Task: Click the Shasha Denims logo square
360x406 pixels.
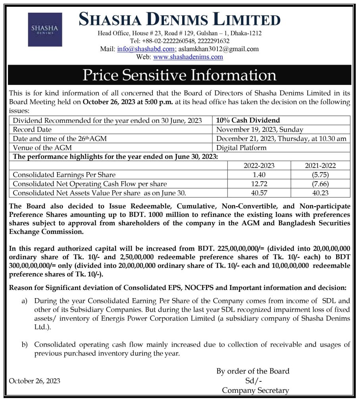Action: [x=45, y=30]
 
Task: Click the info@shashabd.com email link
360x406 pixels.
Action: [x=146, y=49]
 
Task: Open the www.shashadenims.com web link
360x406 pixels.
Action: [x=188, y=57]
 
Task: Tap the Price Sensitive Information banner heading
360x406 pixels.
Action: [x=179, y=75]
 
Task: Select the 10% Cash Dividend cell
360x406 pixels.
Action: [x=248, y=121]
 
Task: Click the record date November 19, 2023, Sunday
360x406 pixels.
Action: [x=260, y=130]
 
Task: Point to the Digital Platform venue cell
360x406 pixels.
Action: [x=241, y=148]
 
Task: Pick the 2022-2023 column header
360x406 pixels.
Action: [x=259, y=166]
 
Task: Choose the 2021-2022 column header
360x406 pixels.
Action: [x=320, y=166]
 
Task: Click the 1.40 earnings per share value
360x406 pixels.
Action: [x=259, y=175]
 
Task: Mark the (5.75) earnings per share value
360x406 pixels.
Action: [x=320, y=175]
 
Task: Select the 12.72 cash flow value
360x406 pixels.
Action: [x=259, y=184]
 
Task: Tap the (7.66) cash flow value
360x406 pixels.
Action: [x=320, y=184]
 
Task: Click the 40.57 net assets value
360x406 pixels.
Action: [x=259, y=193]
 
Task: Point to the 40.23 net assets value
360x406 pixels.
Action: [x=320, y=193]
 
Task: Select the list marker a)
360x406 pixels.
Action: [x=25, y=301]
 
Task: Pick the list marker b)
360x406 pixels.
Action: [x=25, y=345]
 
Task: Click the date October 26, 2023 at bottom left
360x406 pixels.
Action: [x=35, y=381]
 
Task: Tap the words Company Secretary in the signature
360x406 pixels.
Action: [x=255, y=391]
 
